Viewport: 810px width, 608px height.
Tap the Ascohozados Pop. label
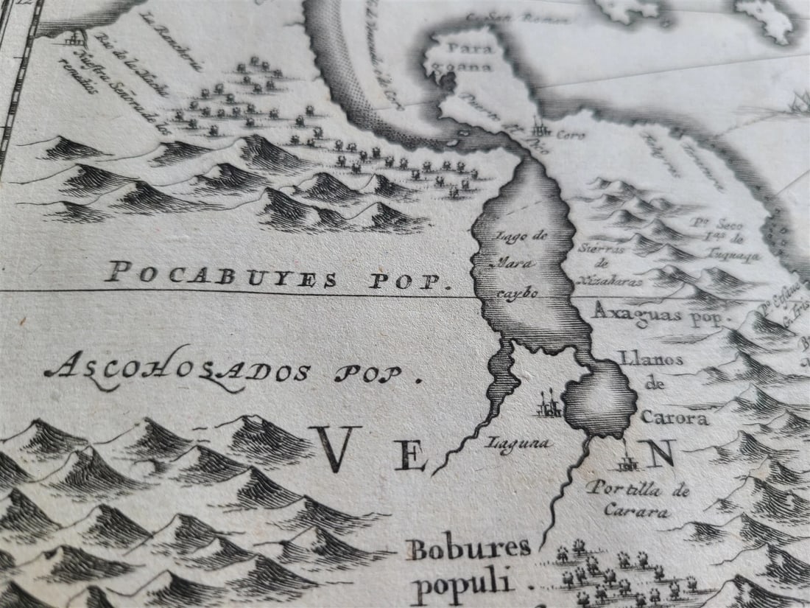click(x=232, y=369)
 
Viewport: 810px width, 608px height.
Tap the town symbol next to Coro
click(x=542, y=127)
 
